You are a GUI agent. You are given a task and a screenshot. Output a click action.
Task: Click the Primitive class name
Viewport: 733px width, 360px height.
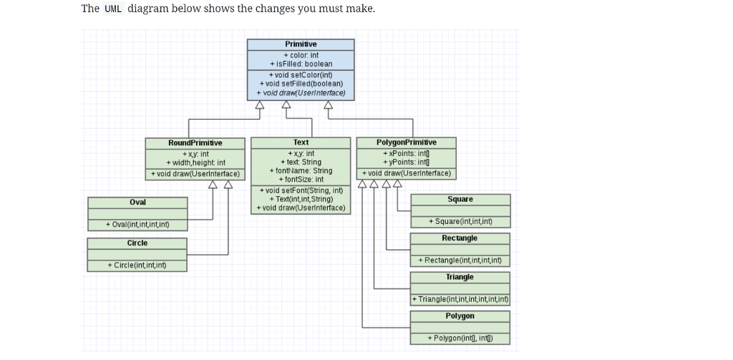[301, 44]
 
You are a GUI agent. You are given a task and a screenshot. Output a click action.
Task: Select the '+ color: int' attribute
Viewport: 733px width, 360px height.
[301, 55]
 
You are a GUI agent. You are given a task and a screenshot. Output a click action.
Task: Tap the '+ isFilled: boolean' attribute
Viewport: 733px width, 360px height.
[301, 64]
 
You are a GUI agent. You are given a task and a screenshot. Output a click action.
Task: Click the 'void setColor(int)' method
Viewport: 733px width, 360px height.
[301, 75]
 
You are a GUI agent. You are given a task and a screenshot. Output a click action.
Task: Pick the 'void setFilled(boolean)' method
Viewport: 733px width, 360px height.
[301, 84]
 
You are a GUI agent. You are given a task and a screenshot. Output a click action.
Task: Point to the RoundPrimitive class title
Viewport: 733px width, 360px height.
[195, 143]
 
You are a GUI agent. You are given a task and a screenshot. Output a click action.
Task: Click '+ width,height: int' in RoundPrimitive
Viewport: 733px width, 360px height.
[195, 162]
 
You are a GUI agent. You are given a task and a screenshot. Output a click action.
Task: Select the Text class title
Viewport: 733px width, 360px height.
[301, 143]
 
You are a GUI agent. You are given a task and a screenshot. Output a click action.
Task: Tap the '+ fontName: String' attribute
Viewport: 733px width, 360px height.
[301, 171]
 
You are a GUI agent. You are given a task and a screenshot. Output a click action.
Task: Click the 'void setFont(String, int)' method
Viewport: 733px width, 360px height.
[301, 190]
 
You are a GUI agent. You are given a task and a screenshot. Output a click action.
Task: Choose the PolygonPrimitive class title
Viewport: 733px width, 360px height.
[406, 142]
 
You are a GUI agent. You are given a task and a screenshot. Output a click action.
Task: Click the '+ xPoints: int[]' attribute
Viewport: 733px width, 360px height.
[406, 154]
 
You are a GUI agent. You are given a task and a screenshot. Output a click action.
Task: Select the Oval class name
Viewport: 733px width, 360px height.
[137, 203]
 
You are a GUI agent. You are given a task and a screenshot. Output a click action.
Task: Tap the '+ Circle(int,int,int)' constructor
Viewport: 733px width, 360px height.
[137, 266]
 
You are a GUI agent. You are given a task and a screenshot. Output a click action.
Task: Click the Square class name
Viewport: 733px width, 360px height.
[460, 199]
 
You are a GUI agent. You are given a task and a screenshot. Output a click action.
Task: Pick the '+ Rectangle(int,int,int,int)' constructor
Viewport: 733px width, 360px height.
[460, 260]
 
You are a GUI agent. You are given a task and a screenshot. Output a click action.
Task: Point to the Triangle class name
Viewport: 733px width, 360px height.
[460, 277]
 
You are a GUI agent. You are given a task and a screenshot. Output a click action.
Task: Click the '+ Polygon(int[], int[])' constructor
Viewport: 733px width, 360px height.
[460, 338]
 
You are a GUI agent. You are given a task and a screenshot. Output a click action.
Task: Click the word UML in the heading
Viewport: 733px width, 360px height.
[113, 9]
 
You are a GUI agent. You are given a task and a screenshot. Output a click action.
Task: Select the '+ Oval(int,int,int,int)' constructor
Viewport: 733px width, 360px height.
[137, 225]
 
